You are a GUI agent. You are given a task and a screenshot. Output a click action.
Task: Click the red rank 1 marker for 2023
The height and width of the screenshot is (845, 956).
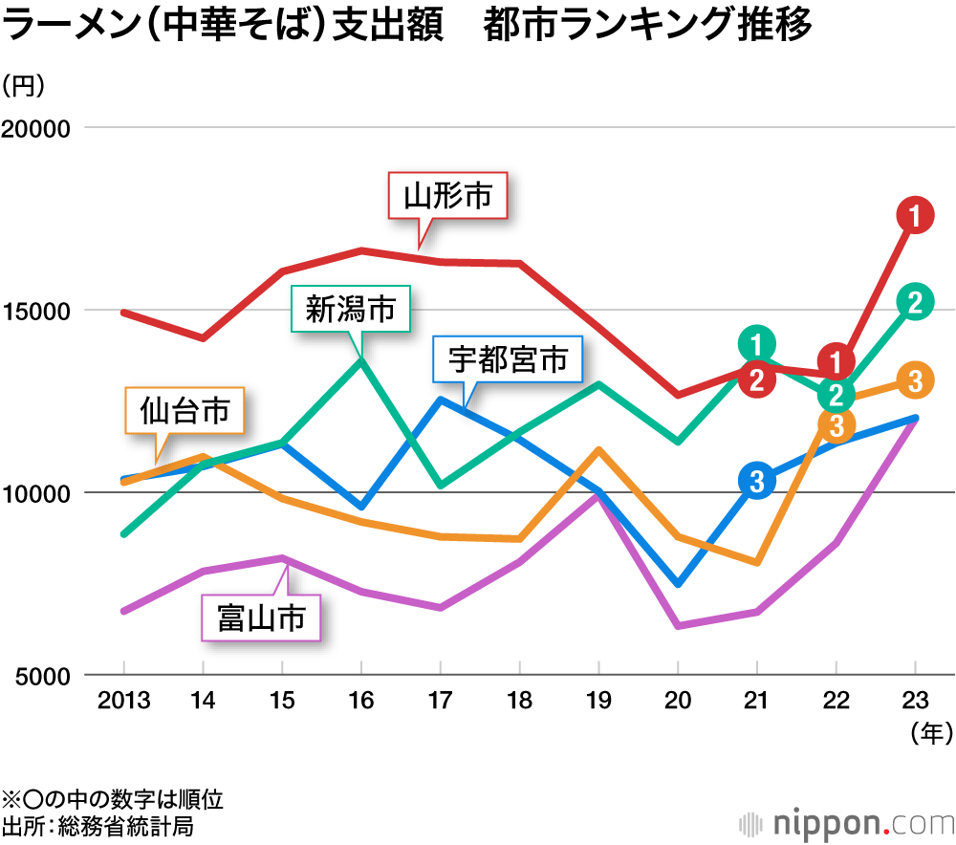[x=915, y=216]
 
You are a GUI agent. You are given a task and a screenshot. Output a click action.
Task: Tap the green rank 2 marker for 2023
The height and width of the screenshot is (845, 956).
[x=915, y=302]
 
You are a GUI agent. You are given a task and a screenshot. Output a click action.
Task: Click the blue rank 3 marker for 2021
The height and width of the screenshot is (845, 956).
[x=757, y=481]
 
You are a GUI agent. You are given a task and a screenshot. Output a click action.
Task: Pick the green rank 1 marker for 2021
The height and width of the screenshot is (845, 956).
[x=757, y=344]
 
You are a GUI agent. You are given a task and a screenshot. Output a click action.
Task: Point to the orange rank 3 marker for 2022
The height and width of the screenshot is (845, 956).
[x=836, y=424]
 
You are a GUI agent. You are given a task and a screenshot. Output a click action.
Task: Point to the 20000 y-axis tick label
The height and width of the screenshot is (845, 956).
[x=40, y=129]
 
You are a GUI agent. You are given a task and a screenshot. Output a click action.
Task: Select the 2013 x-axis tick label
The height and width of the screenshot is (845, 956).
[x=123, y=703]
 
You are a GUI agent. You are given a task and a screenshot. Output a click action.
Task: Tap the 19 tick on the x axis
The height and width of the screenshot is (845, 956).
[x=597, y=703]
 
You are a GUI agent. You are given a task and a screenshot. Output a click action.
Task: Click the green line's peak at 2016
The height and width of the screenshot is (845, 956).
[x=360, y=360]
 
